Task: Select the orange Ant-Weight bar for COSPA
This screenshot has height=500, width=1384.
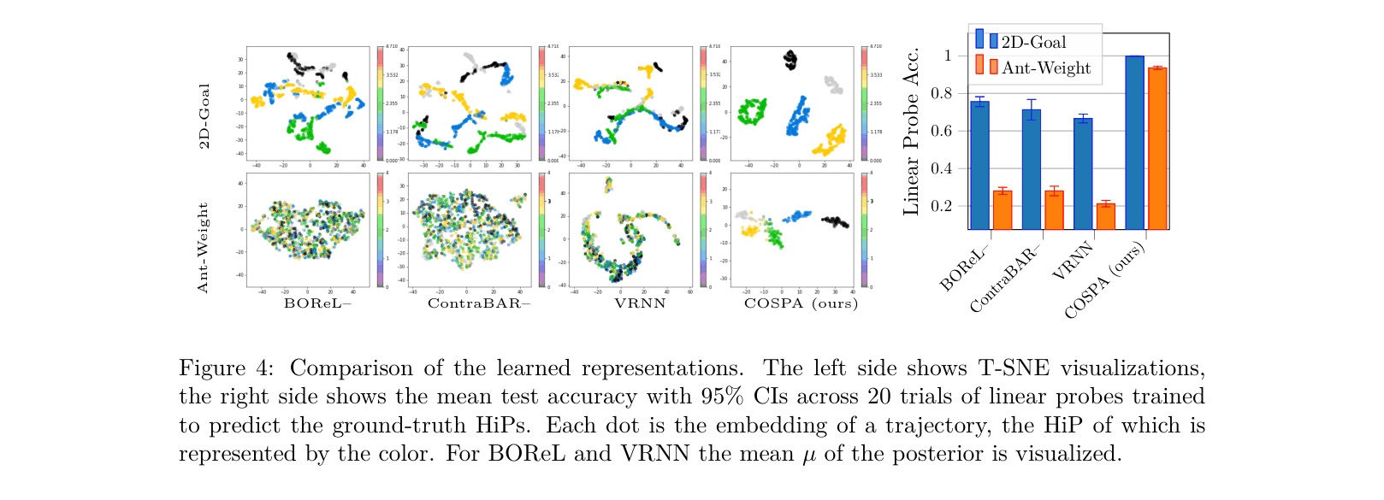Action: tap(1157, 149)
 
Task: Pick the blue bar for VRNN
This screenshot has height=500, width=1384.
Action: tap(1083, 174)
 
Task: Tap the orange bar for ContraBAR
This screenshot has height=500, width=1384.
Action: tap(1054, 210)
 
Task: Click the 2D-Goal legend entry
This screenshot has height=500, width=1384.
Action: tap(1032, 42)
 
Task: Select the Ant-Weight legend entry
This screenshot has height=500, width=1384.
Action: tap(1045, 68)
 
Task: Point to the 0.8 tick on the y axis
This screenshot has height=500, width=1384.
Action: tap(948, 93)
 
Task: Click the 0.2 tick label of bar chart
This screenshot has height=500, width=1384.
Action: tap(948, 206)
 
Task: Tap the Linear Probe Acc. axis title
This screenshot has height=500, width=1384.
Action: tap(912, 131)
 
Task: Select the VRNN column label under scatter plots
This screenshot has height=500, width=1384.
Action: tap(640, 303)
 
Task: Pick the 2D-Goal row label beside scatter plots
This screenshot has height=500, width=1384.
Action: tap(204, 115)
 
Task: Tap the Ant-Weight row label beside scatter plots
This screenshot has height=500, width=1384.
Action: tap(203, 247)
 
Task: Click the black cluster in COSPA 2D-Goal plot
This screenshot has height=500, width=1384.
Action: tap(790, 59)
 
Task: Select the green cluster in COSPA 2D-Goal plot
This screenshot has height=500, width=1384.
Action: tap(754, 111)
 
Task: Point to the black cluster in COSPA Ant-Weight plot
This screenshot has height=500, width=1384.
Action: tap(834, 222)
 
